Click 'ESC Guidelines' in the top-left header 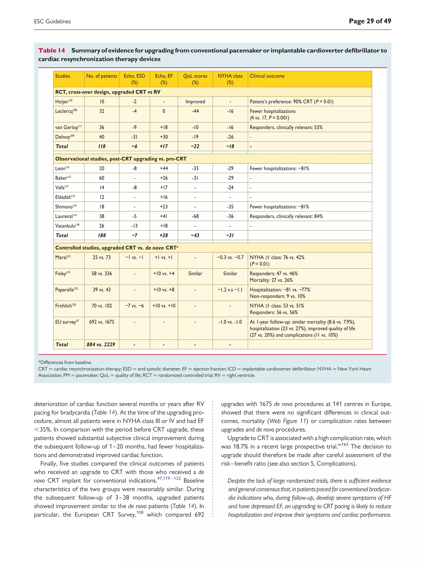52,22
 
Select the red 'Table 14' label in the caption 52,50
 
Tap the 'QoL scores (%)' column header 195,79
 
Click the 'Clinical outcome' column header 267,76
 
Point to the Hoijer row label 64,102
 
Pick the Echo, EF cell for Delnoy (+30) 164,137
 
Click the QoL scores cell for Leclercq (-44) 195,111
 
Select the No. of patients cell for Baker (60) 102,178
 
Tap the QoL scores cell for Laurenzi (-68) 195,216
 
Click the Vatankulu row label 67,226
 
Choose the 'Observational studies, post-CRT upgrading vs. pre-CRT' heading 121,159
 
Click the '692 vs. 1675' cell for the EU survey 102,322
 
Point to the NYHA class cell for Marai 230,257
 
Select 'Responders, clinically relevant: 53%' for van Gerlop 286,127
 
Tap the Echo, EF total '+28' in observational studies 164,235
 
